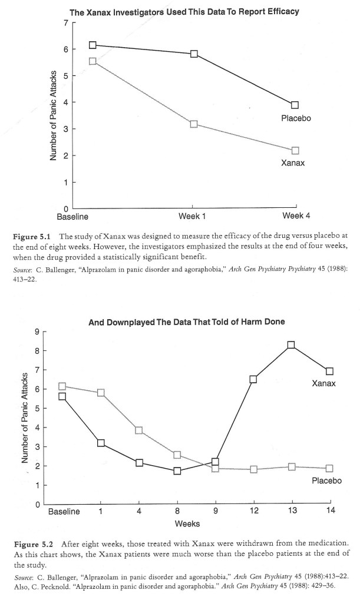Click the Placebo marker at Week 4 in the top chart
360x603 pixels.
pyautogui.click(x=295, y=105)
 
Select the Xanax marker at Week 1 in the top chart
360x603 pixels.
pyautogui.click(x=193, y=124)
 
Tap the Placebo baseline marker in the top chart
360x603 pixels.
pyautogui.click(x=92, y=45)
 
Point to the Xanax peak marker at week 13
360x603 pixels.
pyautogui.click(x=291, y=345)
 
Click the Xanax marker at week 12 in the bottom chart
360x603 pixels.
pyautogui.click(x=253, y=379)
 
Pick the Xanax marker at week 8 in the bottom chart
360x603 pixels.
pyautogui.click(x=177, y=471)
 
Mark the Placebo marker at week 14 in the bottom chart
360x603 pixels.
pyautogui.click(x=329, y=469)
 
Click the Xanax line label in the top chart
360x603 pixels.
pyautogui.click(x=293, y=163)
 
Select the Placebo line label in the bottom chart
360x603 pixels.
pyautogui.click(x=327, y=481)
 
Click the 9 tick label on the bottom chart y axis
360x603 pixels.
pyautogui.click(x=36, y=332)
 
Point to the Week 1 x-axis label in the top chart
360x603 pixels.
pyautogui.click(x=192, y=217)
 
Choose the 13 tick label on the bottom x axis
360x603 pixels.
pyautogui.click(x=291, y=512)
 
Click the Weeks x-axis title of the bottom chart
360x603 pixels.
pyautogui.click(x=187, y=524)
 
